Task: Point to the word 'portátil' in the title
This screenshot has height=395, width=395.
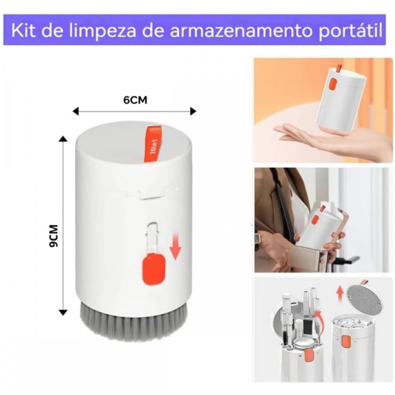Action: pos(351,31)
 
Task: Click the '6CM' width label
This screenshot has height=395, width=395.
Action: pos(135,100)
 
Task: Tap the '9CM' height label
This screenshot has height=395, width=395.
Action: pos(54,235)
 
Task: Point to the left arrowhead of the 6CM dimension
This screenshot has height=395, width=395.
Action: pos(75,111)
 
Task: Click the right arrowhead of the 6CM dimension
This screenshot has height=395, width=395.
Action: pos(193,111)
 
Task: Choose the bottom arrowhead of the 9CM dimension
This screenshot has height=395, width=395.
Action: pos(63,312)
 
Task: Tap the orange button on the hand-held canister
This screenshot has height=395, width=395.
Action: pos(333,84)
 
